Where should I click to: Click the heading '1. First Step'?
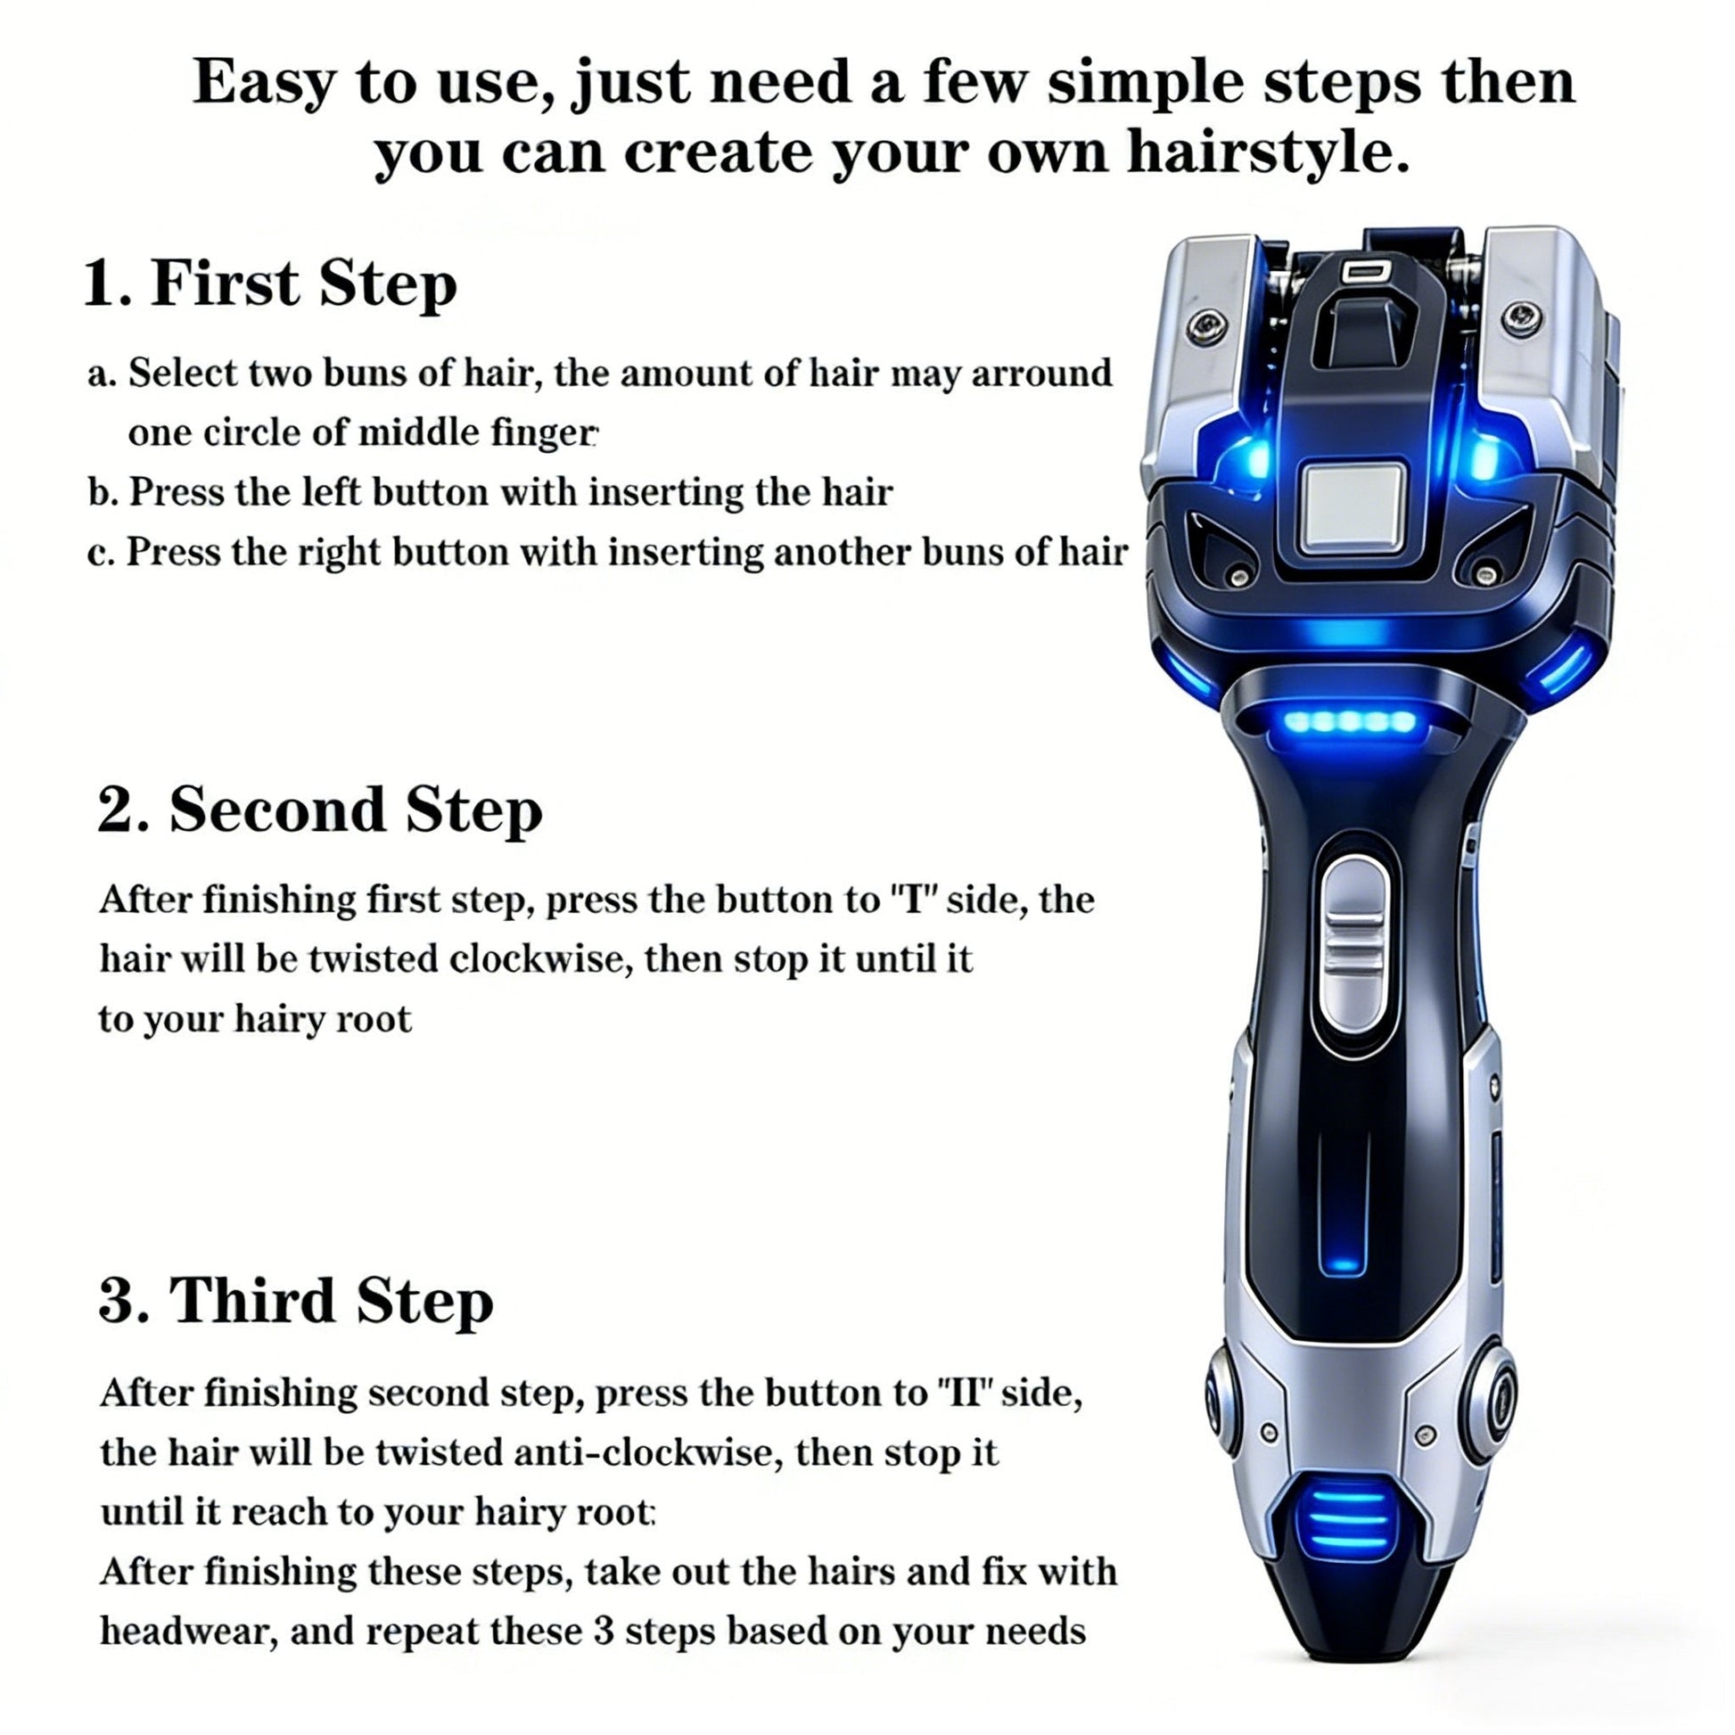[270, 284]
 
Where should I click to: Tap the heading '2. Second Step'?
[320, 810]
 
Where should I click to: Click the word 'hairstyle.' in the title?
[1267, 153]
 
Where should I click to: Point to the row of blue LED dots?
[1350, 720]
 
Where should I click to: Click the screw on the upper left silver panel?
[1206, 327]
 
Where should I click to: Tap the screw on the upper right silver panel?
[1522, 317]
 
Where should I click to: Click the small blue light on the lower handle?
[1344, 1265]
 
